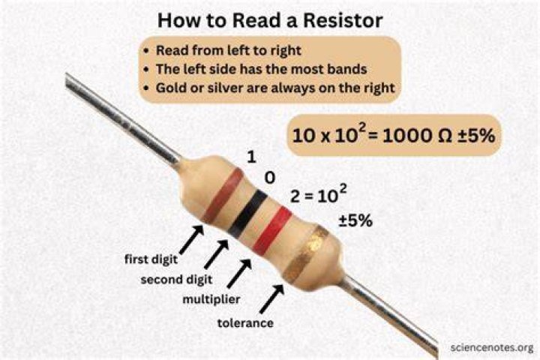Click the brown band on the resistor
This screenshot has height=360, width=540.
pyautogui.click(x=223, y=195)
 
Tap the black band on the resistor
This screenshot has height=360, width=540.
pyautogui.click(x=247, y=212)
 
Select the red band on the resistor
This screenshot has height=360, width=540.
pyautogui.click(x=272, y=229)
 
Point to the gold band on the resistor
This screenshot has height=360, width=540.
pyautogui.click(x=306, y=254)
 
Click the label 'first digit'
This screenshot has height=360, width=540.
pyautogui.click(x=151, y=259)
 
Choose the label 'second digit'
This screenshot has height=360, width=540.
pyautogui.click(x=176, y=279)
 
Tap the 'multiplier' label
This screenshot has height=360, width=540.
pyautogui.click(x=211, y=299)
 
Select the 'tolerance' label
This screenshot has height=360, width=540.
pyautogui.click(x=245, y=322)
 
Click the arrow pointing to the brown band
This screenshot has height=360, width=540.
pyautogui.click(x=191, y=239)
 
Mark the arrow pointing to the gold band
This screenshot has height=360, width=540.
pyautogui.click(x=272, y=298)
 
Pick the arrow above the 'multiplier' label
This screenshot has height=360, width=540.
pyautogui.click(x=239, y=274)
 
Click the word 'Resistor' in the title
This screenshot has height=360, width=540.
pyautogui.click(x=343, y=20)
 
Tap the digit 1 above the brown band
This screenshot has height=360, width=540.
pyautogui.click(x=252, y=157)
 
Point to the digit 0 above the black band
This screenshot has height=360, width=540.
pyautogui.click(x=270, y=178)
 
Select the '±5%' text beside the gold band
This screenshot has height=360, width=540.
pyautogui.click(x=355, y=220)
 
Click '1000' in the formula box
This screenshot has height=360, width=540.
pyautogui.click(x=406, y=136)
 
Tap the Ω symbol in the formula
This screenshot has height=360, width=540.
pyautogui.click(x=444, y=136)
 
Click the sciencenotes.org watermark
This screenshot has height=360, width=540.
pyautogui.click(x=492, y=348)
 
